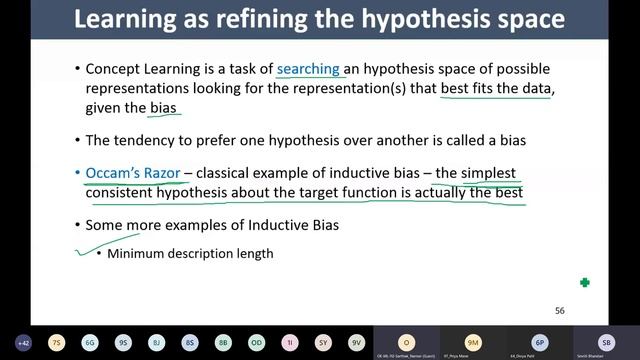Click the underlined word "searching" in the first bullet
[309, 69]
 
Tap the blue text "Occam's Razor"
[132, 173]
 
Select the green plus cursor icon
[585, 283]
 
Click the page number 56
[560, 311]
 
